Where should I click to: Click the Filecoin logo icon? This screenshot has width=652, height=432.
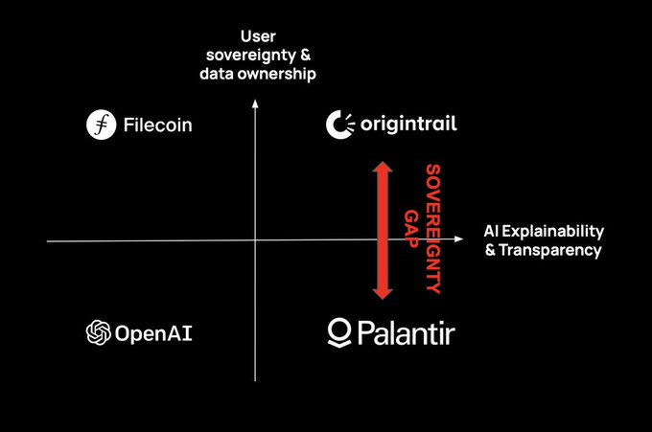pyautogui.click(x=100, y=125)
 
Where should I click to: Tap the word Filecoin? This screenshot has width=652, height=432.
pyautogui.click(x=157, y=125)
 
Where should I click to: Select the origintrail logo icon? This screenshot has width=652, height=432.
pyautogui.click(x=339, y=125)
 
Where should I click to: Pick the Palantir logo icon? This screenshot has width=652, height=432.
pyautogui.click(x=339, y=332)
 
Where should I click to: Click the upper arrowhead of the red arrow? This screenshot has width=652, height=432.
pyautogui.click(x=382, y=169)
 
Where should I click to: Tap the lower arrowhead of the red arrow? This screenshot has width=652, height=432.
pyautogui.click(x=382, y=291)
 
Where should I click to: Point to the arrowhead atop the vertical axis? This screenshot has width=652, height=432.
pyautogui.click(x=255, y=107)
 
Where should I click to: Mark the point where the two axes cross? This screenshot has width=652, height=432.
pyautogui.click(x=255, y=240)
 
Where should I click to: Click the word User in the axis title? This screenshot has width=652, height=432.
pyautogui.click(x=258, y=37)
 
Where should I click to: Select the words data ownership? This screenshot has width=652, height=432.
pyautogui.click(x=258, y=73)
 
